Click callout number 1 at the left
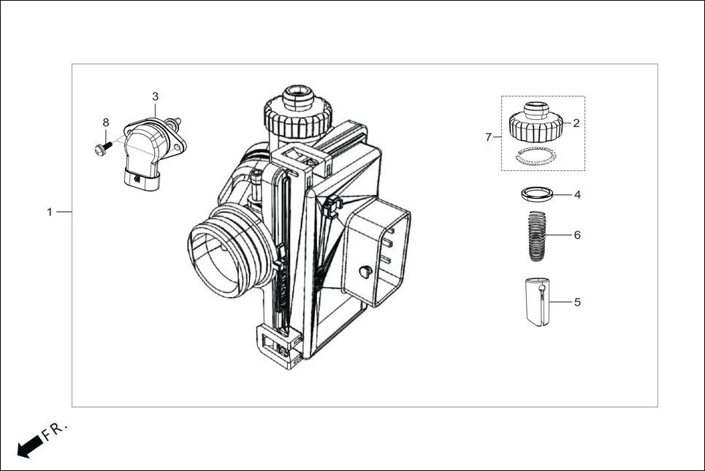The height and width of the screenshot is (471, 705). (50, 212)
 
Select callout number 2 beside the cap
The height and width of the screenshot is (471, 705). (576, 123)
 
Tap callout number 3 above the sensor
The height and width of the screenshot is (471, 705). (155, 96)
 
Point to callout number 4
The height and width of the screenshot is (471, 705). (576, 195)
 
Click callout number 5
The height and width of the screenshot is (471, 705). (576, 301)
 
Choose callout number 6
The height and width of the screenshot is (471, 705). (576, 235)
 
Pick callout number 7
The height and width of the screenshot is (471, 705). (489, 137)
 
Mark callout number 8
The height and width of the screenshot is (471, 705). (105, 122)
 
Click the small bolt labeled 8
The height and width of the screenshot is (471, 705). (102, 148)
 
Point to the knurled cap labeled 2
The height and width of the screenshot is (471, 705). (536, 126)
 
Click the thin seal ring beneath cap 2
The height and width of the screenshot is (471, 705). (536, 154)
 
